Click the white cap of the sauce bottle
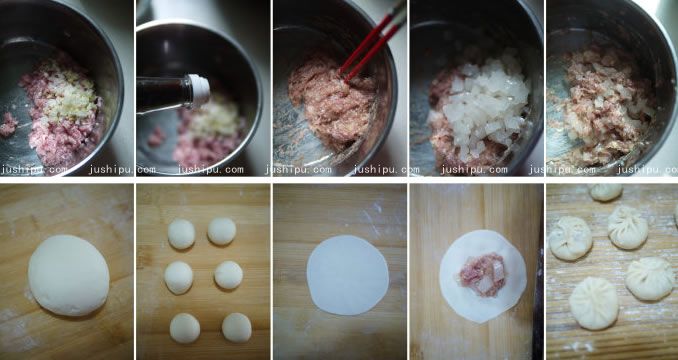tap(199, 91)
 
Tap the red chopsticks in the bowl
tap(373, 44)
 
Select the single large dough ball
tap(69, 275)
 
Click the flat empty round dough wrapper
tap(348, 275)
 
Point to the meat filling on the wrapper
tap(482, 275)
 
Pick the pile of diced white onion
tap(483, 104)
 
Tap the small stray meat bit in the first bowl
tap(8, 124)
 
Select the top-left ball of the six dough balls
tap(181, 234)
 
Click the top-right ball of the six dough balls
tap(222, 231)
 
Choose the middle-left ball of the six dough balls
tap(179, 277)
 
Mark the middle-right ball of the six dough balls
tap(229, 275)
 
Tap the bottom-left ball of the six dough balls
tap(185, 328)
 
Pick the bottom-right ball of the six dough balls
tap(237, 328)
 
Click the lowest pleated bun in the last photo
tap(594, 303)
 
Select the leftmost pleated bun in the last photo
tap(570, 238)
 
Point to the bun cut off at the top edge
tap(606, 192)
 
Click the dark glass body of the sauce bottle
tap(163, 94)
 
